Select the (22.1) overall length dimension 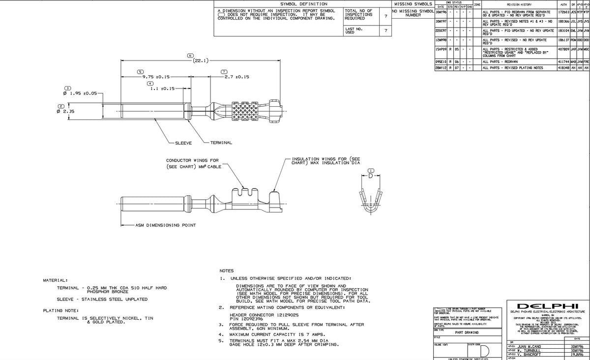200,60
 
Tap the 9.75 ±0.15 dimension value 156,77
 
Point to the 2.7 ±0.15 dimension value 236,77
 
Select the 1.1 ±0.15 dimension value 162,89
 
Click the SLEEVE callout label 183,143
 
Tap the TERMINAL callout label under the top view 221,143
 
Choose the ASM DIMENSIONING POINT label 166,225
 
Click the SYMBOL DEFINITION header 303,4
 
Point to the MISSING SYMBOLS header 413,4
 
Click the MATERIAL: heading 56,280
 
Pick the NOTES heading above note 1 227,271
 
